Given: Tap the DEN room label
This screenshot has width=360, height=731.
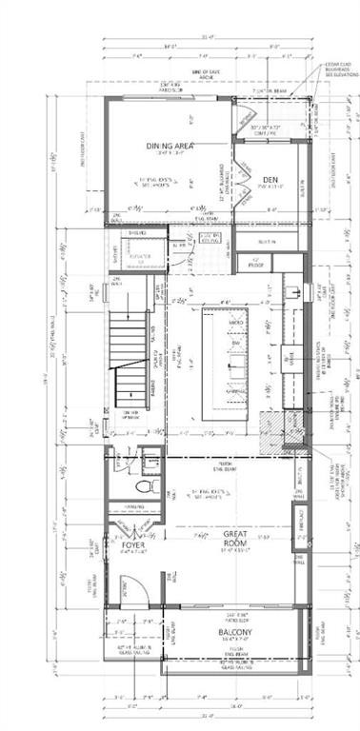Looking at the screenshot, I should tap(270, 179).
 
